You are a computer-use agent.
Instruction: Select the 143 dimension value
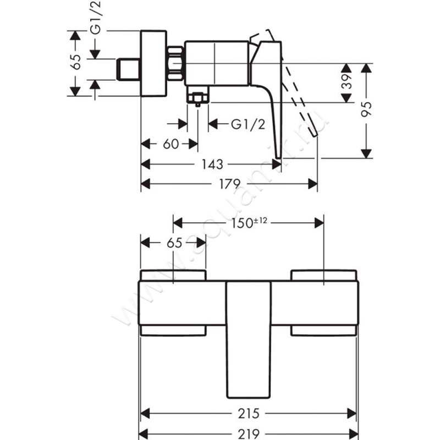[x=212, y=164]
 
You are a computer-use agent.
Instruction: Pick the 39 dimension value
[x=346, y=82]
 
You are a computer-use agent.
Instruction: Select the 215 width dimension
[x=249, y=413]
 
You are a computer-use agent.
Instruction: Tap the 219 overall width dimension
[x=249, y=433]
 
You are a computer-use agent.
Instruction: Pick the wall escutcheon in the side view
[x=155, y=63]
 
